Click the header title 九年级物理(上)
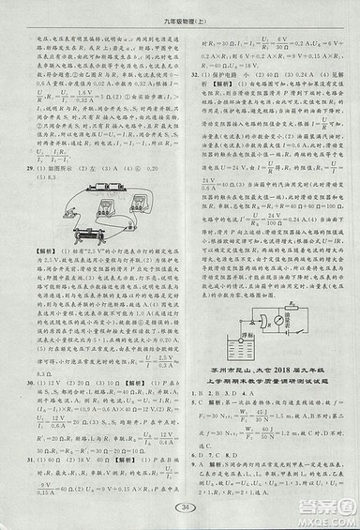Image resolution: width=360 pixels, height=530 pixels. coord(180,20)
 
